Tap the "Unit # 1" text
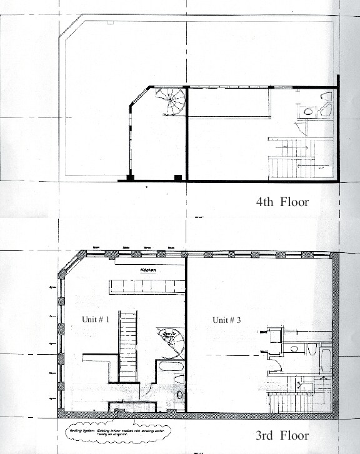[96, 319]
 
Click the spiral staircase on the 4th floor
[170, 102]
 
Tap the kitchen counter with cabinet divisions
[147, 287]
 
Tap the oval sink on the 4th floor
[307, 112]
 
